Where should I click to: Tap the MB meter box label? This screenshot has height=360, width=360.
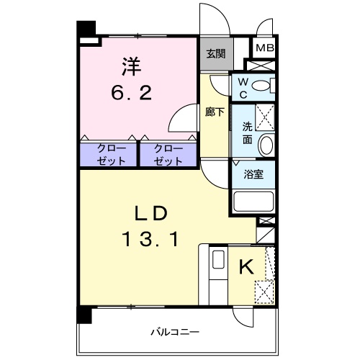click(x=264, y=49)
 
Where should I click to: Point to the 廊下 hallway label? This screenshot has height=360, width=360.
click(x=214, y=113)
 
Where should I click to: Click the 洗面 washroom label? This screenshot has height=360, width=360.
click(x=246, y=132)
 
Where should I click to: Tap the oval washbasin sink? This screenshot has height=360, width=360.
click(x=265, y=145)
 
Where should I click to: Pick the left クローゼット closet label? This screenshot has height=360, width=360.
click(x=112, y=154)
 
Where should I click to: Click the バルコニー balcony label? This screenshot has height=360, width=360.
click(x=174, y=332)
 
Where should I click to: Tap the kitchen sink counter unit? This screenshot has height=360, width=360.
click(x=216, y=274)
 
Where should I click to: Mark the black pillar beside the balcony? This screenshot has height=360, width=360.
click(x=85, y=315)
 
